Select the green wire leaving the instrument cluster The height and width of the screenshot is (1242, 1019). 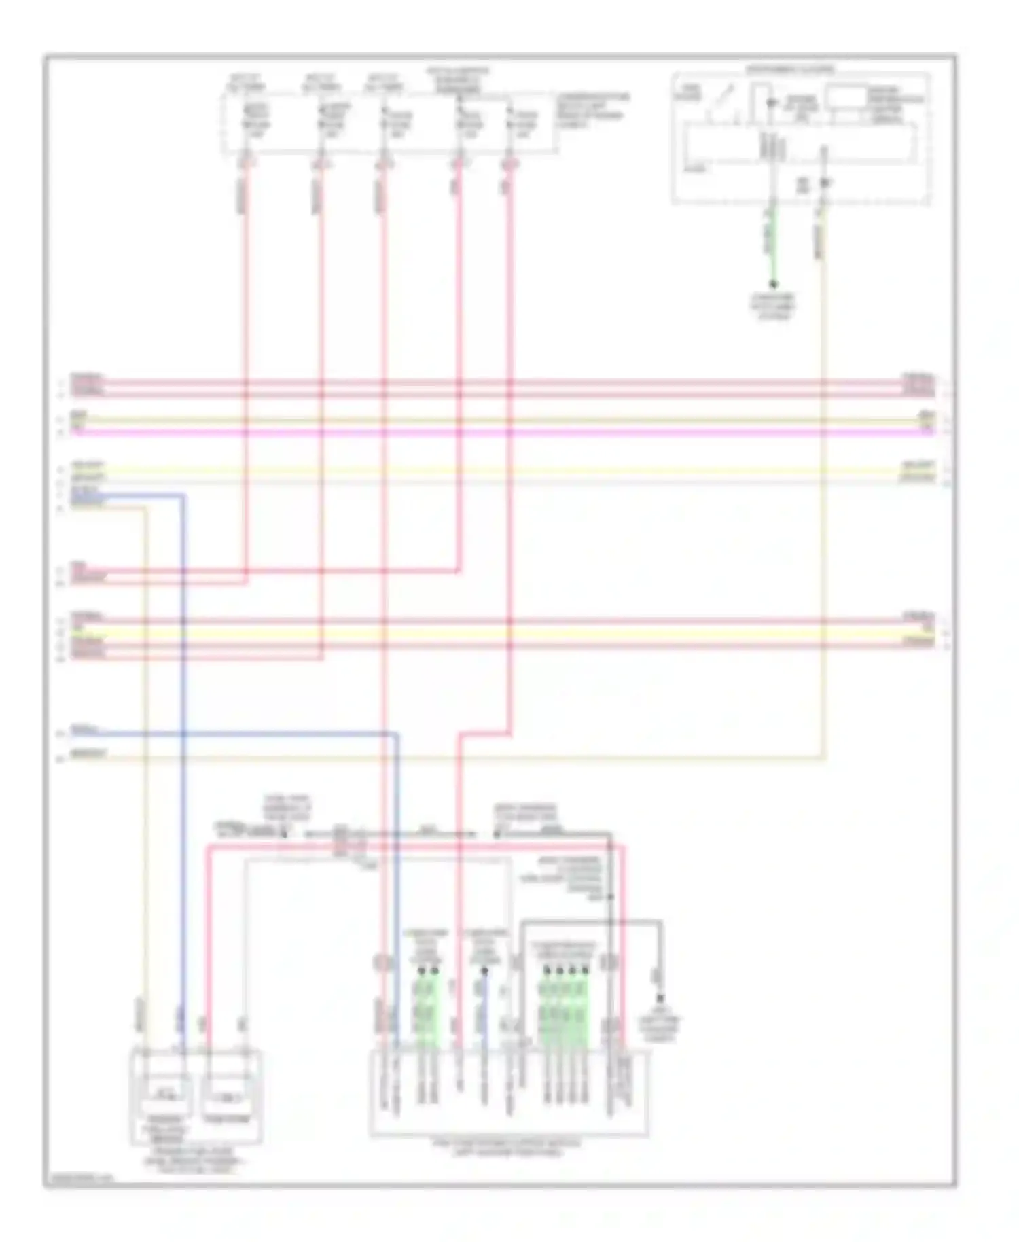coord(772,245)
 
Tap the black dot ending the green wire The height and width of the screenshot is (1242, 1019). coord(773,285)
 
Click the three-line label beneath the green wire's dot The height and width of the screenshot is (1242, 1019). coord(773,306)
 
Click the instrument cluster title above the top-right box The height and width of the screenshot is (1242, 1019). coord(791,69)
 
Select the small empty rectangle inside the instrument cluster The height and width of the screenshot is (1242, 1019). coord(846,97)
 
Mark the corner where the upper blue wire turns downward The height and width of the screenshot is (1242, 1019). coord(183,496)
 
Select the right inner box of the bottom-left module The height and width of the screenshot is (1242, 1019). coord(227,1094)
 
